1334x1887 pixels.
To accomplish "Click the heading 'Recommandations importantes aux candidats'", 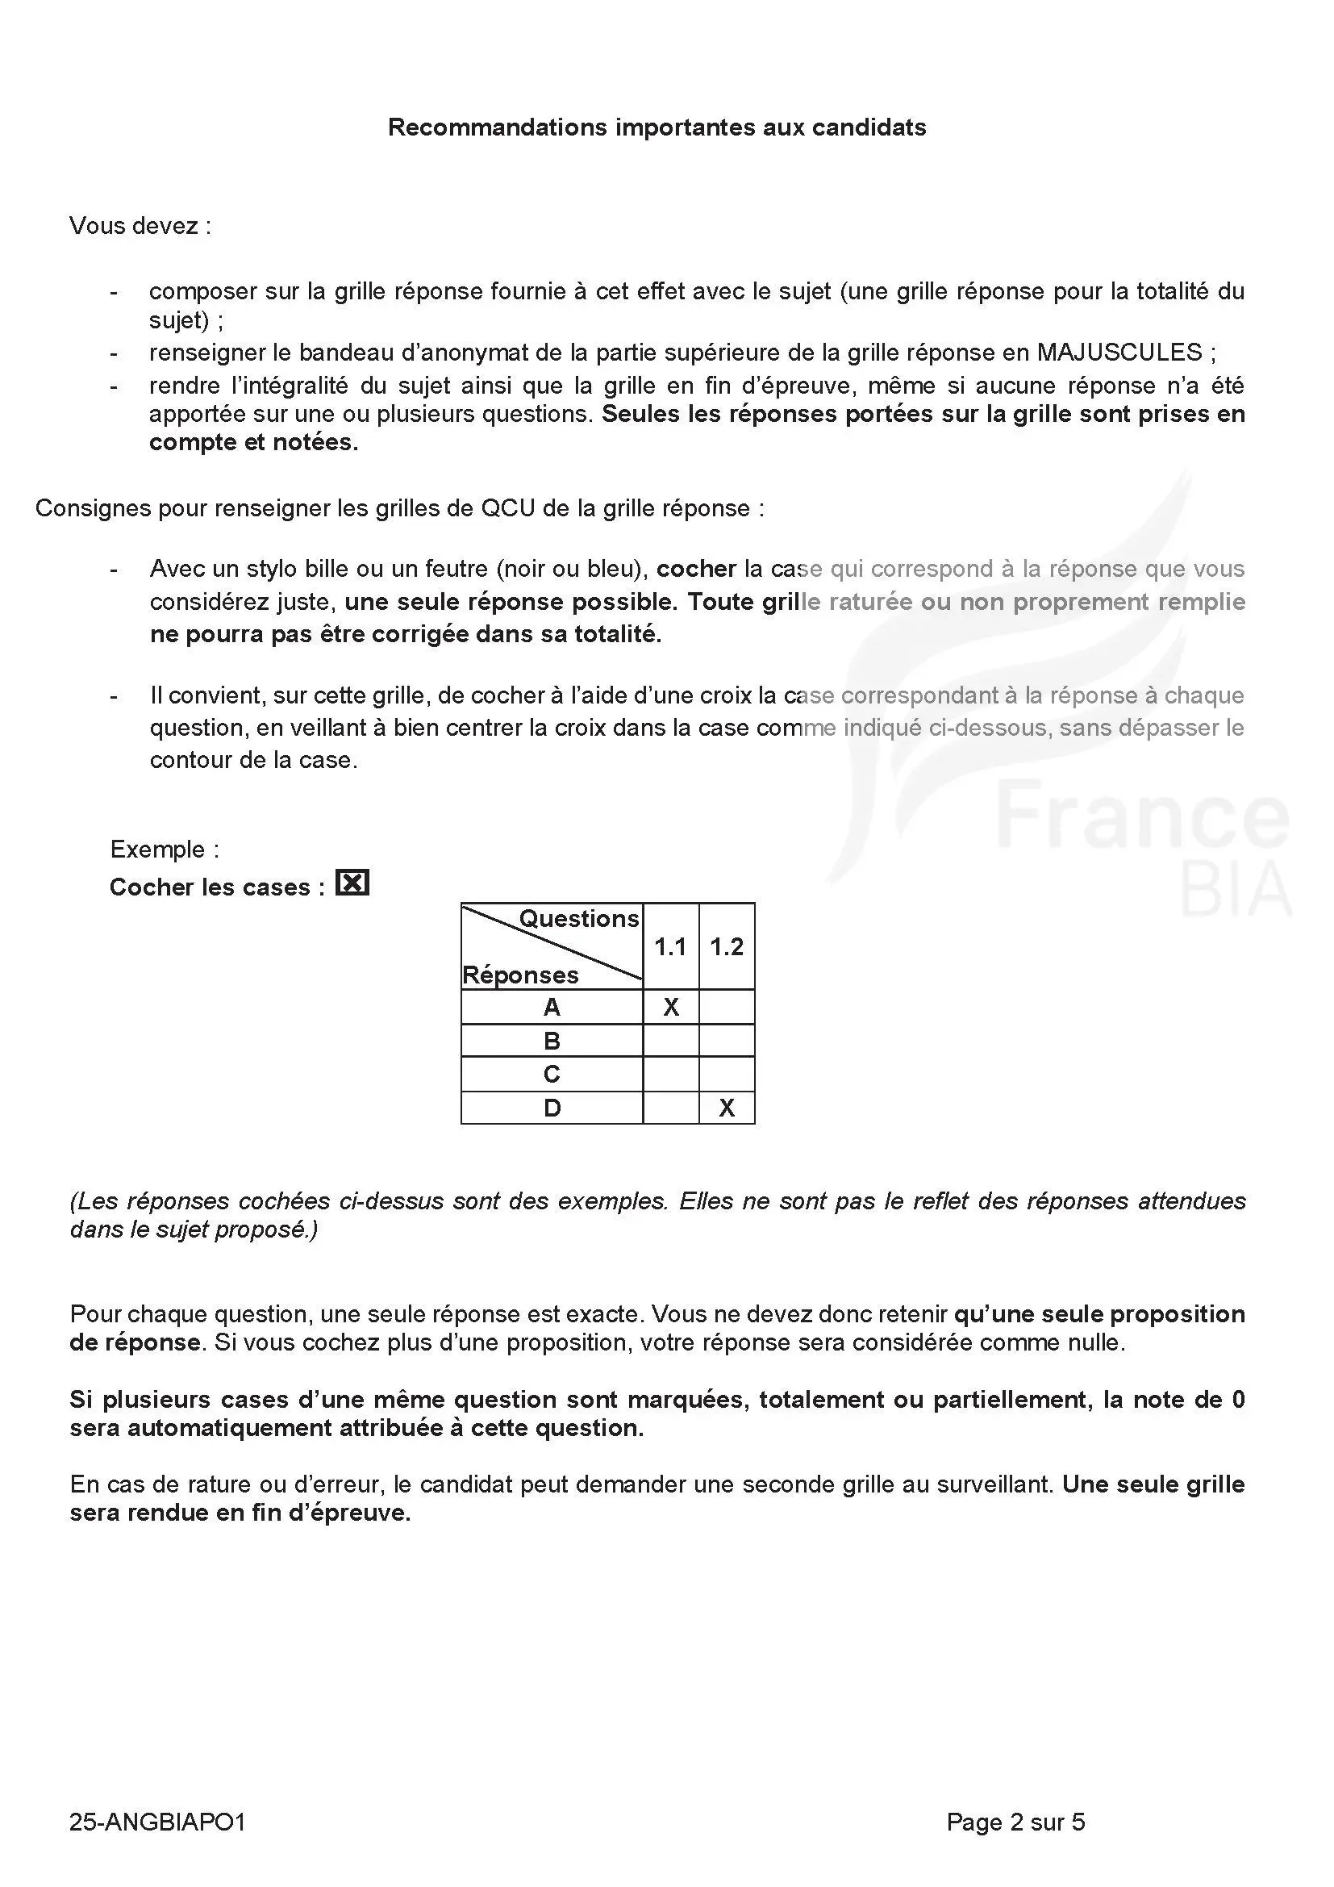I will coord(657,127).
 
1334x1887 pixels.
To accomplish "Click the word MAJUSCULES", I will coord(1119,353).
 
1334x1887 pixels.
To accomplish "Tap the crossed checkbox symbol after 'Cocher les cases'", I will coord(352,883).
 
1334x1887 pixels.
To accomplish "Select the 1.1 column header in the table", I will coord(670,947).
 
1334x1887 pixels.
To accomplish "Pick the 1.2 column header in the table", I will coord(726,947).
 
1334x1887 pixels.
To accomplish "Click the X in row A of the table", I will coord(671,1008).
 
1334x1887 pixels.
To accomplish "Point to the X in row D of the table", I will coord(726,1108).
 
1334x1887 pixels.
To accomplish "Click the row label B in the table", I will coord(552,1042).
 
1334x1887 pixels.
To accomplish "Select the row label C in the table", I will coord(552,1074).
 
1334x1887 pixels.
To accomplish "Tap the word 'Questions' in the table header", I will coord(579,919).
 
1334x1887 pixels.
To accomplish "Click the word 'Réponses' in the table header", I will coord(521,975).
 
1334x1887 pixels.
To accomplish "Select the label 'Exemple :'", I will coord(165,849).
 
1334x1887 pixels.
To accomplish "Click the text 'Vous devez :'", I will coord(140,226).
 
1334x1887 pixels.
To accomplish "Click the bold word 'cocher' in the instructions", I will coord(697,569).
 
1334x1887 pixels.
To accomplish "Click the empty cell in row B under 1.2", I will coord(726,1042).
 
